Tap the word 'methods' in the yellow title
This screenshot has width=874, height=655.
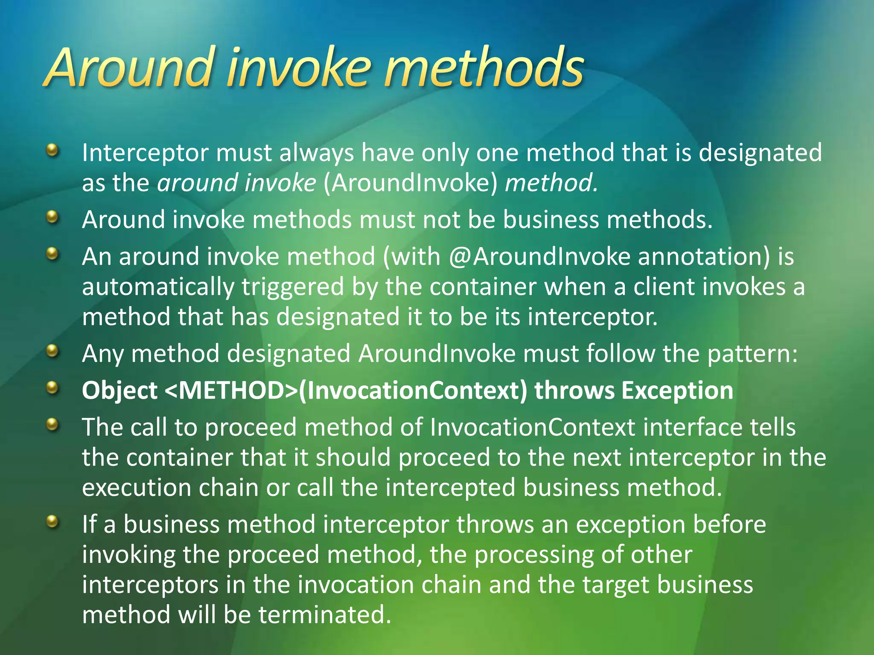[484, 68]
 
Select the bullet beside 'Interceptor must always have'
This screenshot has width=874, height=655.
[52, 150]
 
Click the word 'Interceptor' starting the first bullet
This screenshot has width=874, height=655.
[145, 153]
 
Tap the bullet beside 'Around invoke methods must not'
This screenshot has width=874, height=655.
[52, 217]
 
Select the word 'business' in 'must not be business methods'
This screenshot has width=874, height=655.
[551, 220]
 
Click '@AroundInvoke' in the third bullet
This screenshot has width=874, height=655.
[539, 257]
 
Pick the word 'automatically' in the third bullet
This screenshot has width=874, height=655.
[158, 287]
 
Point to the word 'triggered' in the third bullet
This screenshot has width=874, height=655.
[293, 287]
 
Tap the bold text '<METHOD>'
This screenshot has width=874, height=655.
[230, 391]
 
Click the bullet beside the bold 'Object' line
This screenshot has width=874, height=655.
[52, 388]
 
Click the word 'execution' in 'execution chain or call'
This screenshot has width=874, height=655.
[137, 488]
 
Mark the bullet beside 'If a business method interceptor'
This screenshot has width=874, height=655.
[52, 521]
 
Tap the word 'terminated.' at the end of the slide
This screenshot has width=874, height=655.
[325, 615]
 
